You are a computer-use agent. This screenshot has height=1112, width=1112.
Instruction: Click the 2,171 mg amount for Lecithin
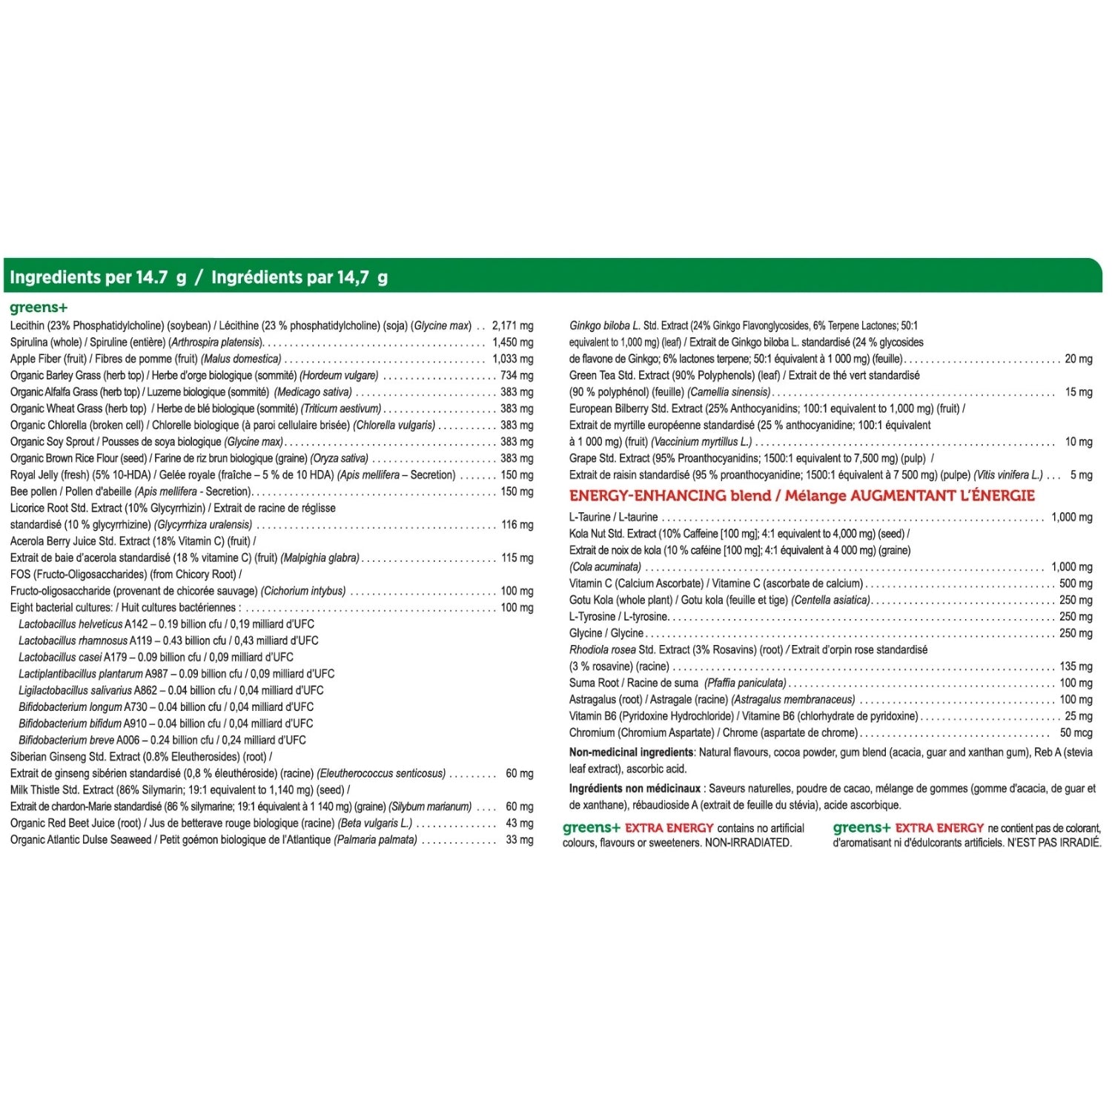[x=512, y=325]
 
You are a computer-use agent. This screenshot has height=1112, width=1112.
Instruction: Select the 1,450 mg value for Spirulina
[x=512, y=342]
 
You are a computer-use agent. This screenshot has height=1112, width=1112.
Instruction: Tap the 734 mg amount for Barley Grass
[x=517, y=375]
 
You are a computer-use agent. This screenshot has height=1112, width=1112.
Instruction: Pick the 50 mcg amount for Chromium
[x=1076, y=732]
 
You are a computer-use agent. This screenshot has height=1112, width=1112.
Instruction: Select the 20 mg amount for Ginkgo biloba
[x=1079, y=359]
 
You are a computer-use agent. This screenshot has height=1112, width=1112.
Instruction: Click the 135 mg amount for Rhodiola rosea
[x=1076, y=666]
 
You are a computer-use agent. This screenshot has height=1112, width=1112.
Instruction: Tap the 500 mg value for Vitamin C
[x=1076, y=583]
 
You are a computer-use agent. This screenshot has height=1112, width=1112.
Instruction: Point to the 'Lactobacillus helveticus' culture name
[x=70, y=624]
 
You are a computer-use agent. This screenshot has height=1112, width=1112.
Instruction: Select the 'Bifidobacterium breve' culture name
[x=66, y=740]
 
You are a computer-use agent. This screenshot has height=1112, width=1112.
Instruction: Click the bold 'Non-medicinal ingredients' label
[x=631, y=752]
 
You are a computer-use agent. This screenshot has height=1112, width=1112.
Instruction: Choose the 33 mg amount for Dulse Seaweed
[x=519, y=840]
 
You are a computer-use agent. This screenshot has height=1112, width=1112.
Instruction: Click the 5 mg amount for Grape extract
[x=1081, y=475]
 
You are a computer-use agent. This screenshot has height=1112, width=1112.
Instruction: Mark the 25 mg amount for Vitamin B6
[x=1079, y=716]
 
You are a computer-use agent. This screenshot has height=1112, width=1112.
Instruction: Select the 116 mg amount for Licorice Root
[x=517, y=525]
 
